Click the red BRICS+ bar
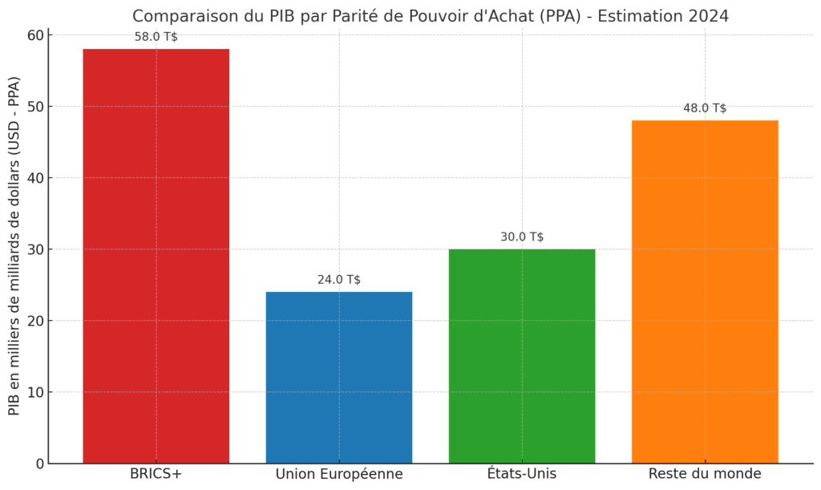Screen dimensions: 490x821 pyautogui.click(x=156, y=256)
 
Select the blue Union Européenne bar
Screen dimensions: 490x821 pyautogui.click(x=338, y=377)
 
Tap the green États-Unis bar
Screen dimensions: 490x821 pyautogui.click(x=522, y=356)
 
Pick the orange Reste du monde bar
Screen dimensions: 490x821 pyautogui.click(x=705, y=292)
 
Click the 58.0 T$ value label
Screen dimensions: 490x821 pyautogui.click(x=156, y=37)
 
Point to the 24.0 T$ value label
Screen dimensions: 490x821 pyautogui.click(x=338, y=280)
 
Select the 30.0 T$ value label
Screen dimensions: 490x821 pyautogui.click(x=522, y=237)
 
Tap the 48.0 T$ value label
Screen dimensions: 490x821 pyautogui.click(x=705, y=108)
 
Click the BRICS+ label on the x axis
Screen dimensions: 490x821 pyautogui.click(x=156, y=474)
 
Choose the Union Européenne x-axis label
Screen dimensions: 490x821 pyautogui.click(x=338, y=474)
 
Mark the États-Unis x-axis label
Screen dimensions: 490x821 pyautogui.click(x=522, y=474)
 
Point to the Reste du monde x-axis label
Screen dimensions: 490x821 pyautogui.click(x=705, y=474)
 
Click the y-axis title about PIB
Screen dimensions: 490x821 pyautogui.click(x=14, y=245)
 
